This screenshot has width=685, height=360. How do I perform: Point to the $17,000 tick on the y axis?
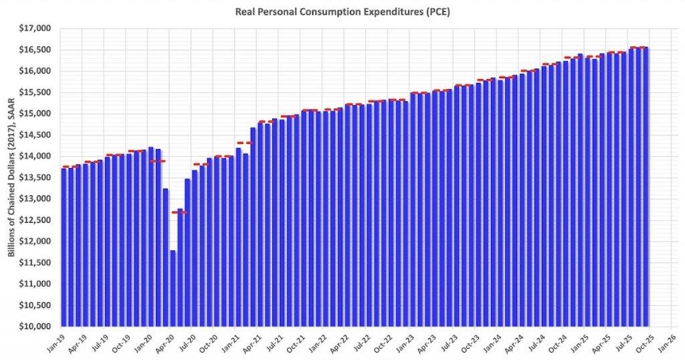point(37,28)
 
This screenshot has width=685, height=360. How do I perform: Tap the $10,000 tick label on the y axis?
point(37,327)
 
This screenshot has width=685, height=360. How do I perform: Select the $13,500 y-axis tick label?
point(37,177)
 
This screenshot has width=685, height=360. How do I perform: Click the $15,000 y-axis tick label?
point(37,113)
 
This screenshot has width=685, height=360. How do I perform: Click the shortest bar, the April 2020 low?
point(173,288)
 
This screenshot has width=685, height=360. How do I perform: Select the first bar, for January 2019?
point(63,248)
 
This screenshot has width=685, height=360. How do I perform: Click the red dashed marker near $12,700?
point(180,212)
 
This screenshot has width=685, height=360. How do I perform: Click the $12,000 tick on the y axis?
point(37,241)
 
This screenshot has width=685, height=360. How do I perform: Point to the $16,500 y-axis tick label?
point(37,50)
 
